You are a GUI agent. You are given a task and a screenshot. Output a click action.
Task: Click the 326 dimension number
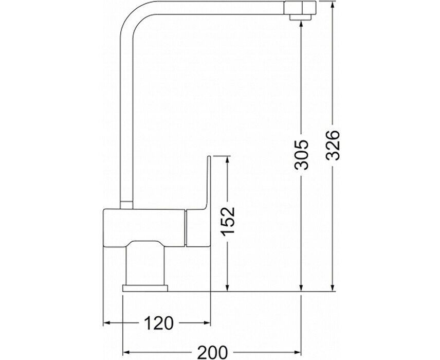coord(334,145)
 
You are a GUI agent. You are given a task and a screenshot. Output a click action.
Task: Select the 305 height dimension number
coord(301,154)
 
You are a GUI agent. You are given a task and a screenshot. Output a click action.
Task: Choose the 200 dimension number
coord(213,352)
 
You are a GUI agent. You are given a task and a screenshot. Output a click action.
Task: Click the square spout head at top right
coord(300,8)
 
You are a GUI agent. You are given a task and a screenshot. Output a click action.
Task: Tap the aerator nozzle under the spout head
coord(301,17)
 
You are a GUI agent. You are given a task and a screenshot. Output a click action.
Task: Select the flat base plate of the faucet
coord(145,289)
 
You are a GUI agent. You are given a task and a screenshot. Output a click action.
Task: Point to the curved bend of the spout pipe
coord(131,17)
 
